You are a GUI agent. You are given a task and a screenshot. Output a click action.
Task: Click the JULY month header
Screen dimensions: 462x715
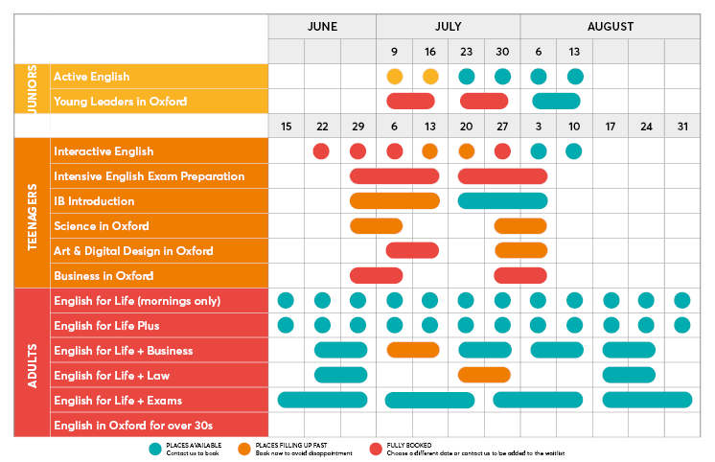click(x=448, y=27)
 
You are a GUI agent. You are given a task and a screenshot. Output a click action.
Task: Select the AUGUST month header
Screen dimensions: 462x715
click(x=610, y=27)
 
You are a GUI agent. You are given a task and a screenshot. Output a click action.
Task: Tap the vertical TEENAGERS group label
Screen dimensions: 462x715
click(x=31, y=213)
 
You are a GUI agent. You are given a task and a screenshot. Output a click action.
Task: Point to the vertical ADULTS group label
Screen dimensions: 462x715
click(x=31, y=361)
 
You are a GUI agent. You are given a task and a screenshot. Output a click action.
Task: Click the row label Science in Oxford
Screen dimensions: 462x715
click(x=102, y=226)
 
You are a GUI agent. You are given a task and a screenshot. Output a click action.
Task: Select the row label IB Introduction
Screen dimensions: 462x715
click(x=94, y=201)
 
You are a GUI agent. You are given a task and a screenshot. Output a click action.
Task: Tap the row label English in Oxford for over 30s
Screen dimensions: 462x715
click(x=133, y=426)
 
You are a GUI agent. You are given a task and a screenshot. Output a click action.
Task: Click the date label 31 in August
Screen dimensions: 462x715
click(x=681, y=127)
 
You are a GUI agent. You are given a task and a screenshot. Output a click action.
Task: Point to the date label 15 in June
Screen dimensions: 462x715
click(x=286, y=127)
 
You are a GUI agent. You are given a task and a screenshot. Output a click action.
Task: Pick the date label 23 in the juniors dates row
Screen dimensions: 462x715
click(x=466, y=52)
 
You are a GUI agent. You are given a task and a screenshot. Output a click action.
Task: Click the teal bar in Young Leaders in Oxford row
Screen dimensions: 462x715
click(x=556, y=102)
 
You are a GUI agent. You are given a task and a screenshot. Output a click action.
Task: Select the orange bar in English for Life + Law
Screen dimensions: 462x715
click(x=484, y=375)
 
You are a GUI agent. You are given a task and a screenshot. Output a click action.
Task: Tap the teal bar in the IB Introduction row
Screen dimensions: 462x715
click(x=502, y=201)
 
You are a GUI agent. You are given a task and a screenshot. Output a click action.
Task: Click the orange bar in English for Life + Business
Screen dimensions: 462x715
click(x=412, y=350)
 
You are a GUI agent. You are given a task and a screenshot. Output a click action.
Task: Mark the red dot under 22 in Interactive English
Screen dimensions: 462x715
click(x=321, y=151)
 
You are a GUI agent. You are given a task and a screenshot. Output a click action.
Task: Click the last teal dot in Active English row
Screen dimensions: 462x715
click(x=574, y=77)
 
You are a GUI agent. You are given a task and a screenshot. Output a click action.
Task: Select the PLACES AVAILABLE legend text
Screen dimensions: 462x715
click(x=192, y=446)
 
